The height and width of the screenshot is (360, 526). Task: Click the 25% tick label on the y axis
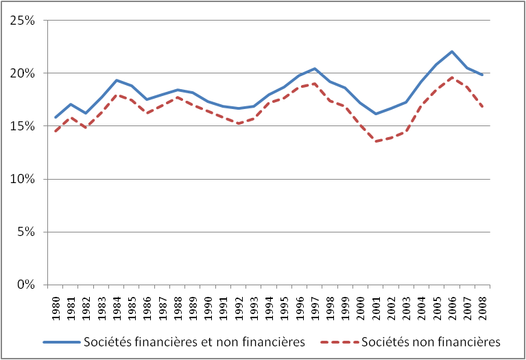pyautogui.click(x=24, y=21)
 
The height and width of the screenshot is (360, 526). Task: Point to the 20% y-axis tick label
pyautogui.click(x=24, y=73)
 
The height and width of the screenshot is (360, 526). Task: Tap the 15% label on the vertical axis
pyautogui.click(x=24, y=126)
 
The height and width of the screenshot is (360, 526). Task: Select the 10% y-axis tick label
pyautogui.click(x=24, y=179)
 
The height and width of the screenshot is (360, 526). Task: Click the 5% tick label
pyautogui.click(x=27, y=232)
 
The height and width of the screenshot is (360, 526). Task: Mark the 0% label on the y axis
pyautogui.click(x=27, y=285)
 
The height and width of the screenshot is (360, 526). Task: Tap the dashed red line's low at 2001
pyautogui.click(x=375, y=141)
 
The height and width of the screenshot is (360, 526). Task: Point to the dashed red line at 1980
pyautogui.click(x=56, y=131)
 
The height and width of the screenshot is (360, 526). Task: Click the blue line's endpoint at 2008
pyautogui.click(x=482, y=75)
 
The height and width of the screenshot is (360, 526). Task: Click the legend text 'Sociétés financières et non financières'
pyautogui.click(x=193, y=342)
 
